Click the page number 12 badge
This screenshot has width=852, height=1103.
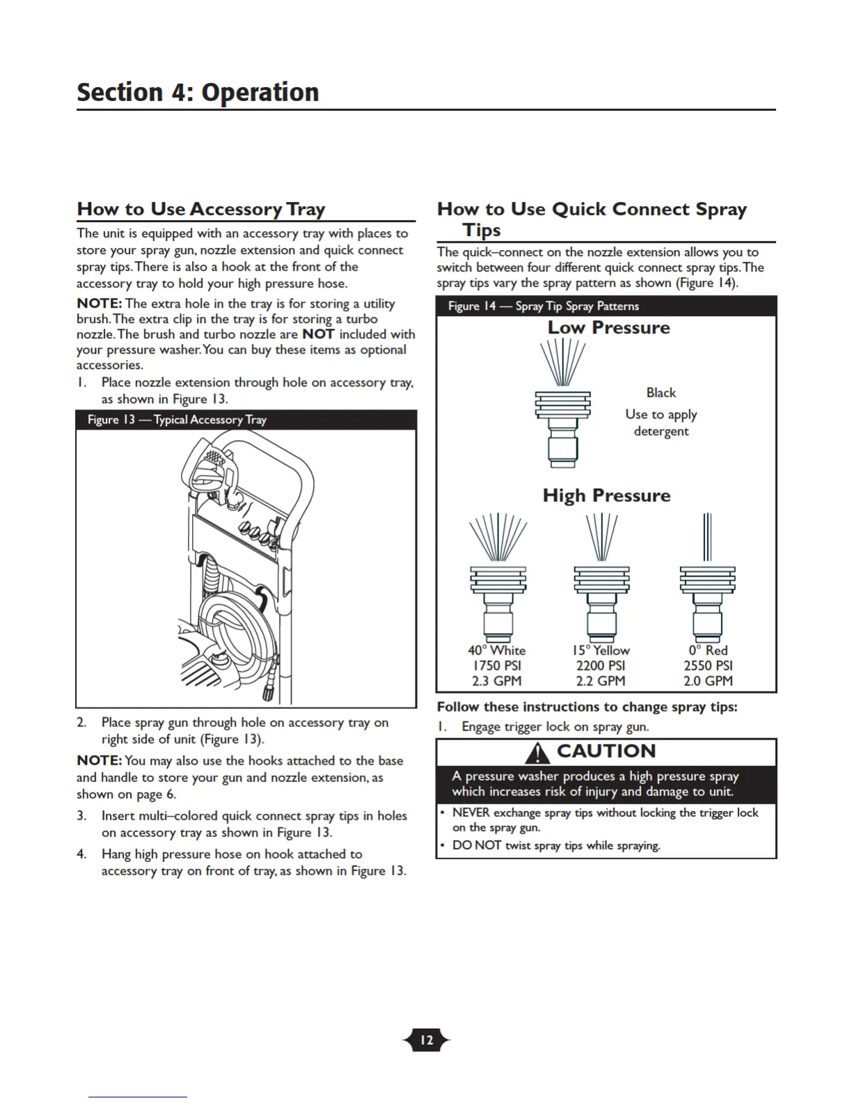426,1040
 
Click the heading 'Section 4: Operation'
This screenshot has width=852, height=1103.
198,93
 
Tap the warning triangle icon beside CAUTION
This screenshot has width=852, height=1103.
537,753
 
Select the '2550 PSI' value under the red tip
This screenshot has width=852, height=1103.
708,666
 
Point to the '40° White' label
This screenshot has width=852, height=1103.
496,650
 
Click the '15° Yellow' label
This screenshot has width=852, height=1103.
601,650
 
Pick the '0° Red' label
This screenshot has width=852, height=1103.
708,650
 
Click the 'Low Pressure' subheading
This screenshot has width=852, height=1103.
608,328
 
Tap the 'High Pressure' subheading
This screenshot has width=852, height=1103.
606,496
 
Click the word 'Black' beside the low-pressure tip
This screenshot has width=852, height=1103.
661,393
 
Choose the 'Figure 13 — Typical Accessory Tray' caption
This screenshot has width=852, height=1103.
177,420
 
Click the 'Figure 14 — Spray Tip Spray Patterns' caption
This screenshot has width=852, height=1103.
543,306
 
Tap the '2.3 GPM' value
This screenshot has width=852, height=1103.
496,681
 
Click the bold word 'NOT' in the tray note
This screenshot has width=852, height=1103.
318,334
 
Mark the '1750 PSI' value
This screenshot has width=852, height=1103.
496,666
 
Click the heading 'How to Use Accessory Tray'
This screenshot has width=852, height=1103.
201,210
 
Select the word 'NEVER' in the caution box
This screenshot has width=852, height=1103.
471,813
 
